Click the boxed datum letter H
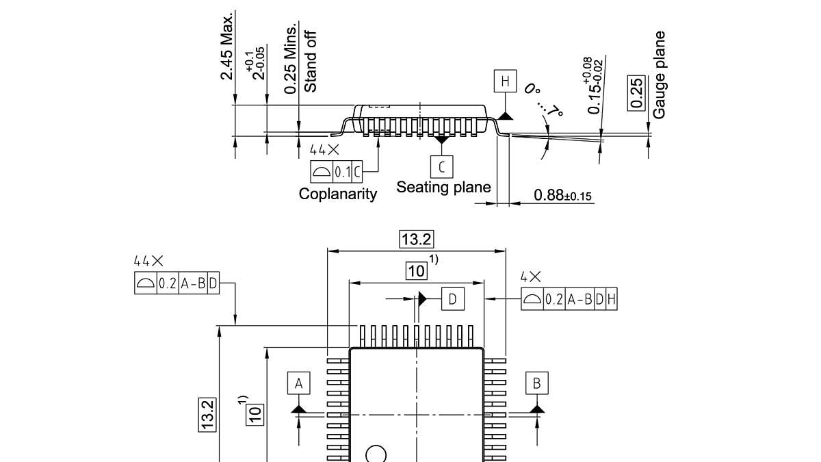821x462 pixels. click(x=505, y=82)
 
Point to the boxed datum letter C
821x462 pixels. click(x=442, y=166)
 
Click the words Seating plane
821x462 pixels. click(x=443, y=187)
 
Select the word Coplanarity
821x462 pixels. click(x=338, y=194)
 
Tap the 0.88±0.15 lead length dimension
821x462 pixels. click(x=563, y=196)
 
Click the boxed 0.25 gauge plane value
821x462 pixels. click(x=636, y=92)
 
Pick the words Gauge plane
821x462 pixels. click(x=659, y=75)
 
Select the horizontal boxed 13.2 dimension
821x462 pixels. click(x=417, y=239)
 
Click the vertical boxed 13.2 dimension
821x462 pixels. click(x=209, y=414)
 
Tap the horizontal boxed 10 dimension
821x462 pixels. click(x=417, y=271)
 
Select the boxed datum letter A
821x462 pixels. click(x=299, y=383)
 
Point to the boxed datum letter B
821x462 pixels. click(x=536, y=383)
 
